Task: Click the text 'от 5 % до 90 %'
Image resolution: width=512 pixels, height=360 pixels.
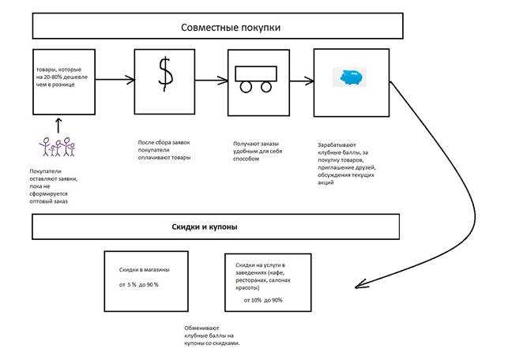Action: pos(139,284)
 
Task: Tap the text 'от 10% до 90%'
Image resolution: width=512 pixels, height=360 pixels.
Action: pos(263,300)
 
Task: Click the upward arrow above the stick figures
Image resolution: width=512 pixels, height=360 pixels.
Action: pos(57,124)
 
